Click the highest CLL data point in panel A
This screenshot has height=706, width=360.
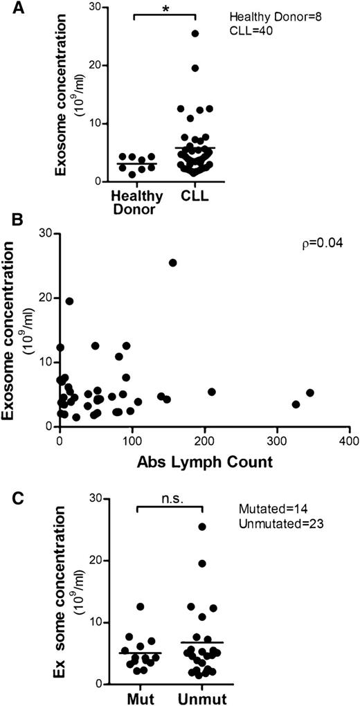[195, 33]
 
